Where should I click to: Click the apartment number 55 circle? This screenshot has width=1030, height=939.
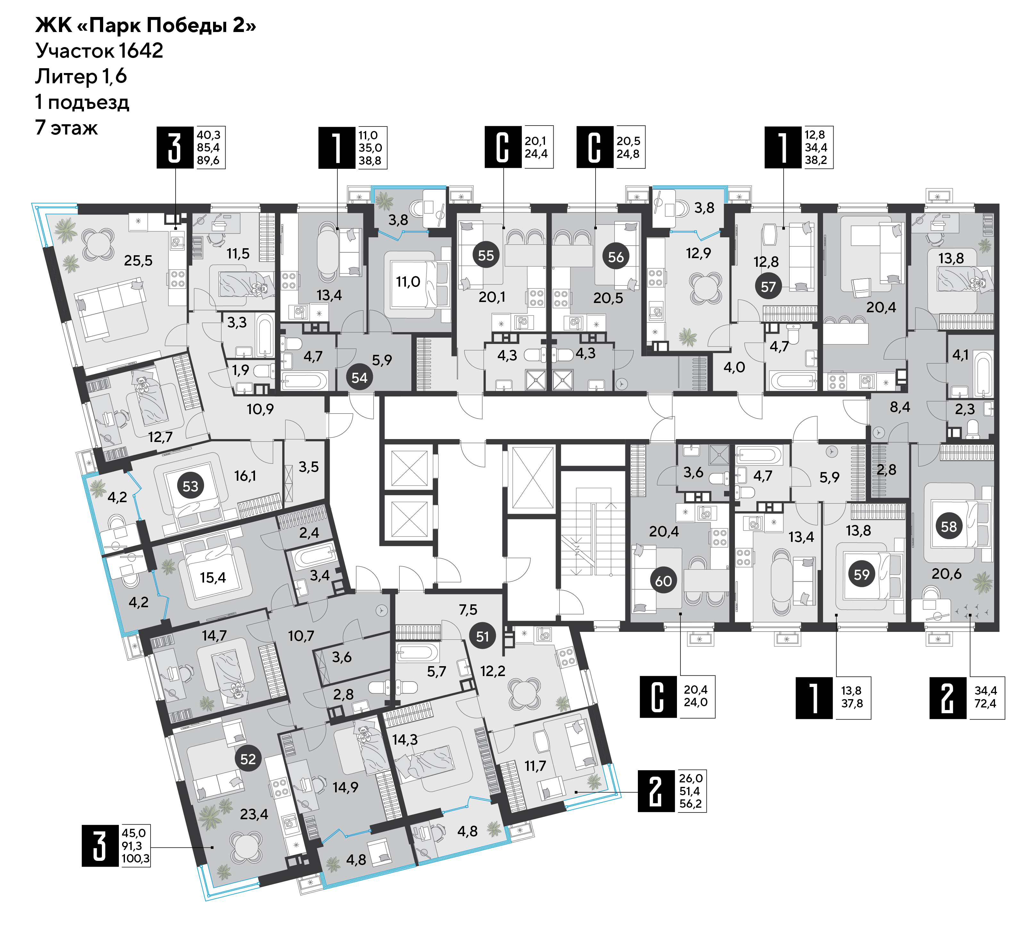(486, 255)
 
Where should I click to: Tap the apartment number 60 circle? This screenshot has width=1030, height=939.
(663, 581)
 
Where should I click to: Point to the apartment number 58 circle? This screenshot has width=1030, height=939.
(949, 527)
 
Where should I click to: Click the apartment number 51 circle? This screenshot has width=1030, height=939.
(482, 636)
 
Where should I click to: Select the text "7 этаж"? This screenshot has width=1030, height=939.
(66, 128)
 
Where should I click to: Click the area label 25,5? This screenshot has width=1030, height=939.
(138, 261)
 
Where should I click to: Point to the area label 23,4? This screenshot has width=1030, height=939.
(254, 814)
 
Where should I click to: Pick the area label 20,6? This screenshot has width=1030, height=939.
(946, 574)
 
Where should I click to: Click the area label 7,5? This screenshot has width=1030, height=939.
(468, 610)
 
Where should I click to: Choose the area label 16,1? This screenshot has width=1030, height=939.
(245, 476)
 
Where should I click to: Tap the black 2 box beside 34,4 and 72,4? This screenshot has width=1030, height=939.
(948, 698)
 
